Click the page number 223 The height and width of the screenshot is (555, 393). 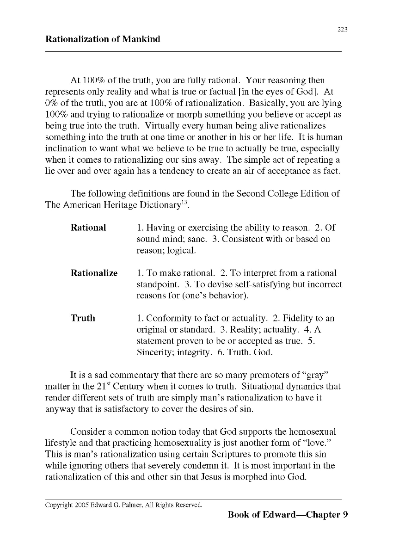(x=342, y=29)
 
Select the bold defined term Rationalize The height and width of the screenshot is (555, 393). (x=94, y=273)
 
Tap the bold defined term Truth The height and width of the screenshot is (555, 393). (x=83, y=318)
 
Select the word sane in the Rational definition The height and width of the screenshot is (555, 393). (x=196, y=239)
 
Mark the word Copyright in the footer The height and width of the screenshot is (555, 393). (x=59, y=505)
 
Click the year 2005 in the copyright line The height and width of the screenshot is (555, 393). (x=82, y=505)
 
